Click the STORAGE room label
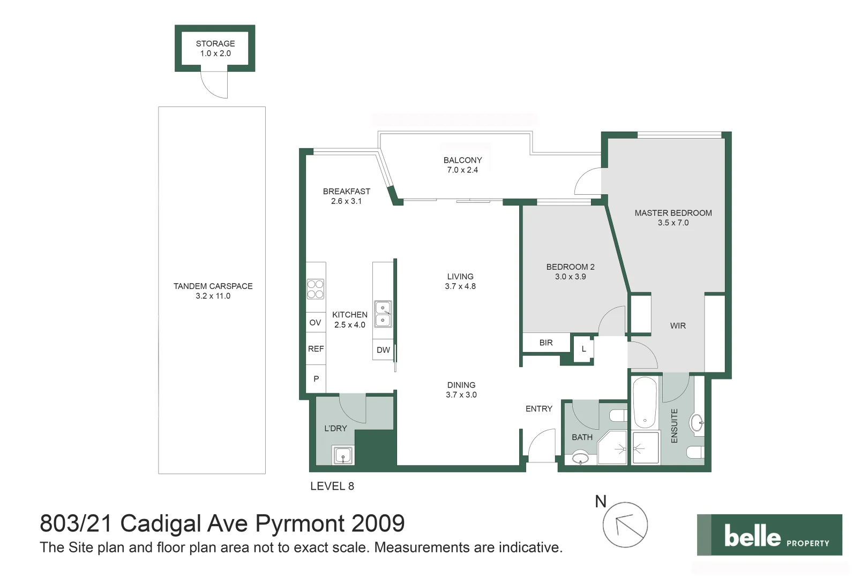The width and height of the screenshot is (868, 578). (215, 43)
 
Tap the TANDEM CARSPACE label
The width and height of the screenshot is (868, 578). (213, 286)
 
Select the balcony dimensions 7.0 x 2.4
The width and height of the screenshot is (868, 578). (462, 170)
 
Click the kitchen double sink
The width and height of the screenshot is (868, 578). (383, 314)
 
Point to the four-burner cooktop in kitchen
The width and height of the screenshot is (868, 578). (315, 289)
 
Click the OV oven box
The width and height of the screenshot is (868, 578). (315, 322)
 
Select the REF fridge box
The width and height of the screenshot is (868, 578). (316, 349)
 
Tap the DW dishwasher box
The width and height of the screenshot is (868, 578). (383, 350)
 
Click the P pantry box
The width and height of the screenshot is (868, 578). (316, 379)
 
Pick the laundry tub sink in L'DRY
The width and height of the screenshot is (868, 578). (343, 455)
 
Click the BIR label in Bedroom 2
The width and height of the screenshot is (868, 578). (546, 343)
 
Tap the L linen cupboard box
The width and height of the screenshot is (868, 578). (583, 349)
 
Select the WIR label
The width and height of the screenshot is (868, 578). (678, 325)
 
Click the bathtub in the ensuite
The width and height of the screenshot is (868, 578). (645, 402)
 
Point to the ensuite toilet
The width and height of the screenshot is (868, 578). (695, 453)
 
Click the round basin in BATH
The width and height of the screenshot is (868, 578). (581, 458)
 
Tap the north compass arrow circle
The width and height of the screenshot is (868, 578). (625, 525)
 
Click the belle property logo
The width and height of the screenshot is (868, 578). (769, 535)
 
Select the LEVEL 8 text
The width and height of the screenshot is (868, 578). (332, 486)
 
